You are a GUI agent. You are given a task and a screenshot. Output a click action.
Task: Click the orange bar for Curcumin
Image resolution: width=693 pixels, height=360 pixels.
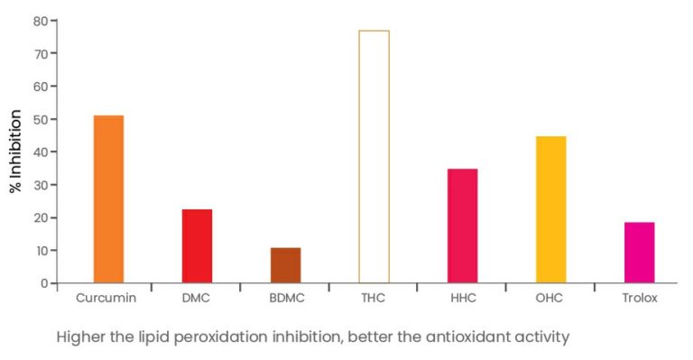point(108,199)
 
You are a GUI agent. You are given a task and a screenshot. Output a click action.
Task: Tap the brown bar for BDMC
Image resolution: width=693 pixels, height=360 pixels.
point(285,265)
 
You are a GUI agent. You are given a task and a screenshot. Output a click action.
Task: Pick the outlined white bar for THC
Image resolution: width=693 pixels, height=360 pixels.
point(374,157)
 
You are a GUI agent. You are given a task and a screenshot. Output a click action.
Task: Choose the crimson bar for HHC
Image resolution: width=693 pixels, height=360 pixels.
point(462,226)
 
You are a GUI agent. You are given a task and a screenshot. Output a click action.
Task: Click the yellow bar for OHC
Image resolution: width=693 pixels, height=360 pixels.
point(550,209)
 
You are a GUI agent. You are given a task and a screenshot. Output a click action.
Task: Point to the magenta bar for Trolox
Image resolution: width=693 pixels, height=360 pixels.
point(639,253)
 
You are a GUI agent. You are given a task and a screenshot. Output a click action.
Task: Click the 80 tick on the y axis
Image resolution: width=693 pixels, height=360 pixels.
point(40,21)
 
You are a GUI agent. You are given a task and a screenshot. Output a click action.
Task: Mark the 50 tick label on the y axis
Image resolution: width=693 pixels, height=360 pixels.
point(40,119)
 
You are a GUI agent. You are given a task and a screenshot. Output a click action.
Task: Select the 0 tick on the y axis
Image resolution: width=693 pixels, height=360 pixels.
point(43,283)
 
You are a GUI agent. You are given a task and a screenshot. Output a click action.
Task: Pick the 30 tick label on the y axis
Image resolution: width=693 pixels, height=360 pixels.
point(40,185)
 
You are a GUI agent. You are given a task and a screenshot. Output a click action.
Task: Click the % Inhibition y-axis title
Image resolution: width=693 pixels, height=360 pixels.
point(15,152)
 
